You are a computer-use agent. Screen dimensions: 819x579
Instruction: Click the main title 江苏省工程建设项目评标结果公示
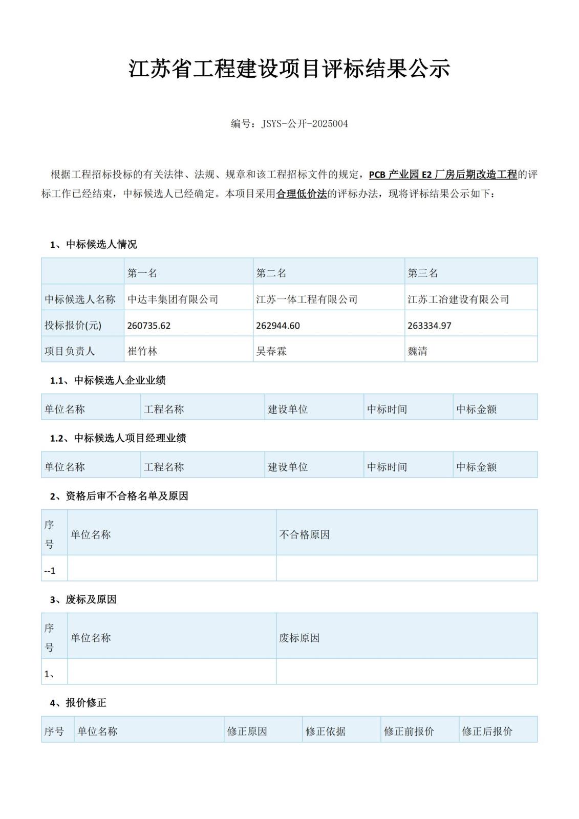pos(289,69)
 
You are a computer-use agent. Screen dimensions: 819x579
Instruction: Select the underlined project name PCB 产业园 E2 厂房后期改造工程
pos(443,175)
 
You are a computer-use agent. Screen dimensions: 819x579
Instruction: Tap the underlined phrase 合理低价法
pos(302,194)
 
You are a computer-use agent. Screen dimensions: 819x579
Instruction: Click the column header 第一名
pos(142,273)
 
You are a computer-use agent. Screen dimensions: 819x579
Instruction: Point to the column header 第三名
pos(423,273)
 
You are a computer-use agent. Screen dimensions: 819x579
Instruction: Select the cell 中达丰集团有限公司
pos(173,299)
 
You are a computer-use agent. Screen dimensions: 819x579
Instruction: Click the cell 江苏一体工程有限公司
pos(307,299)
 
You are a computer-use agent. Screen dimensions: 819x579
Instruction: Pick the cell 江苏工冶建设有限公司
pos(458,299)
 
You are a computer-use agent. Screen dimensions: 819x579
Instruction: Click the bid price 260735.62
pos(149,326)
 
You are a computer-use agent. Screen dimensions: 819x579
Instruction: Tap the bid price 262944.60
pos(278,326)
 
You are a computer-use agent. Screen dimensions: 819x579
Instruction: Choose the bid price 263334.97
pos(430,326)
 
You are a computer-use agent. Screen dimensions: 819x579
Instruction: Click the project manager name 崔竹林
pos(142,351)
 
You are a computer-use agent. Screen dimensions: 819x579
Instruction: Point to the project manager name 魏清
pos(417,351)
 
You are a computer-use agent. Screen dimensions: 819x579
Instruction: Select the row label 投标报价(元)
pos(73,326)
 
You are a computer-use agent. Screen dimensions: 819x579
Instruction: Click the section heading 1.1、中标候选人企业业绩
pos(108,380)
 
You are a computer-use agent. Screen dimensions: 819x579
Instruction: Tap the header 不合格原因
pos(305,534)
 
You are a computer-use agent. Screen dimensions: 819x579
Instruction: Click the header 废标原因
pos(299,638)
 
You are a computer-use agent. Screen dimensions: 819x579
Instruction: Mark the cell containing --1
pos(50,570)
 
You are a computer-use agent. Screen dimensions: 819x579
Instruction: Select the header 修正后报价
pos(487,731)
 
